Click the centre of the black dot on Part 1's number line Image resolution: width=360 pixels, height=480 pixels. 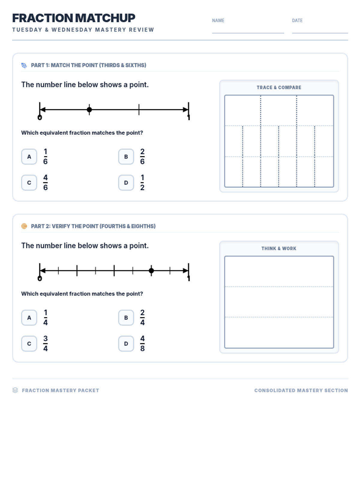pyautogui.click(x=89, y=109)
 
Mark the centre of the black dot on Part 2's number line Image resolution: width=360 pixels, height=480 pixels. pyautogui.click(x=151, y=271)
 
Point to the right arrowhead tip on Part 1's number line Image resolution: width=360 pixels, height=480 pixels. pyautogui.click(x=188, y=109)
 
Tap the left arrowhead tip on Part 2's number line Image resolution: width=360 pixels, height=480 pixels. pyautogui.click(x=40, y=271)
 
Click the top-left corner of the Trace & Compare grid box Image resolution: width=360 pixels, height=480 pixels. pyautogui.click(x=225, y=95)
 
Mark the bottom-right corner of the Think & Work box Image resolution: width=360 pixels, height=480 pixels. pyautogui.click(x=334, y=348)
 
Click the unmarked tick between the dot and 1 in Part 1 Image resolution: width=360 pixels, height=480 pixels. pyautogui.click(x=139, y=109)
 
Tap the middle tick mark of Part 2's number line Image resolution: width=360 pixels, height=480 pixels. pyautogui.click(x=114, y=271)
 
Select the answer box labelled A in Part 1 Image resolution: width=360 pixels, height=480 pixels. pyautogui.click(x=29, y=157)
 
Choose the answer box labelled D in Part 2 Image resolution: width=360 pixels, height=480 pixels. pyautogui.click(x=126, y=343)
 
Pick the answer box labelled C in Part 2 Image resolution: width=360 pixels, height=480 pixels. pyautogui.click(x=29, y=343)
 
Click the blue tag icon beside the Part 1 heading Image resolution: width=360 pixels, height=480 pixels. pyautogui.click(x=24, y=65)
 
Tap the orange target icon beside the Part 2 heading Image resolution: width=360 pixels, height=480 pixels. pyautogui.click(x=24, y=226)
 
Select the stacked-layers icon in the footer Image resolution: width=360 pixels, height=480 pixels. pyautogui.click(x=15, y=390)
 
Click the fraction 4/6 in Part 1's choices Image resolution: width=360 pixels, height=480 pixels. pyautogui.click(x=46, y=183)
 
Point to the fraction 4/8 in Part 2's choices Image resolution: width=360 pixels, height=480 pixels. pyautogui.click(x=142, y=343)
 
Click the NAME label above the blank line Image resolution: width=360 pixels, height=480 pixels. pyautogui.click(x=218, y=21)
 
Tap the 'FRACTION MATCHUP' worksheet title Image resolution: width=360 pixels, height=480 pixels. pyautogui.click(x=74, y=18)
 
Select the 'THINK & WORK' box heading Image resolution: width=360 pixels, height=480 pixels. pyautogui.click(x=279, y=248)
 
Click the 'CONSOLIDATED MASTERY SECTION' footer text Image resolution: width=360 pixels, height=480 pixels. pyautogui.click(x=301, y=390)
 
